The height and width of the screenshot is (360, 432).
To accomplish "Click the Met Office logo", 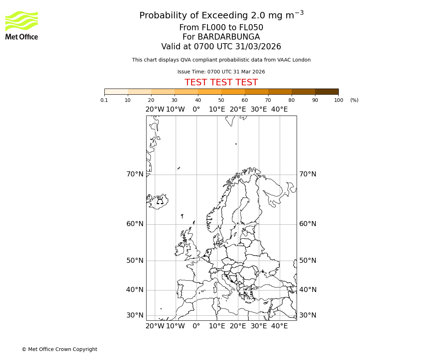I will click(x=22, y=25).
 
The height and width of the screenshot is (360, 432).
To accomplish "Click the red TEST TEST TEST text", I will click(x=221, y=82).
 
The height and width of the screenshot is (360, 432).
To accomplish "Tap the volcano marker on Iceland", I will click(x=160, y=201).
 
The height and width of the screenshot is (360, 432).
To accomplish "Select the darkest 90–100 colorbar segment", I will click(x=327, y=92).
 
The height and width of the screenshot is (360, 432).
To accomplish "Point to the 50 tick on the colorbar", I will click(x=221, y=100).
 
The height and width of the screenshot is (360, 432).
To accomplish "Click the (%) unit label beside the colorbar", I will click(x=354, y=100).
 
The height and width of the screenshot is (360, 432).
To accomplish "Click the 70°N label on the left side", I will click(x=135, y=174).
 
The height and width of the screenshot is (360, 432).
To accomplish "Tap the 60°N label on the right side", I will click(x=308, y=224).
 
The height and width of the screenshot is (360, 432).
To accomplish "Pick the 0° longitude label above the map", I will click(x=196, y=109).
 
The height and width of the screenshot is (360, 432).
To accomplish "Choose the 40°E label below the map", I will click(x=279, y=326).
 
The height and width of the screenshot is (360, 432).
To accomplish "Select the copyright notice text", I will click(x=59, y=349).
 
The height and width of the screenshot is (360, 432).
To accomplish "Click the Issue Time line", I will click(x=221, y=72).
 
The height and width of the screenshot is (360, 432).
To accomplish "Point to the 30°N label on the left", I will click(x=135, y=315).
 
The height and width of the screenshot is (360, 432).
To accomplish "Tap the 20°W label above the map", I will click(x=155, y=109).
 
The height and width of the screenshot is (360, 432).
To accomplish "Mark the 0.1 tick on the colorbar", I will click(x=104, y=100).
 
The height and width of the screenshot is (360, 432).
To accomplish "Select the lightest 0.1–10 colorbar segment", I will click(x=116, y=92).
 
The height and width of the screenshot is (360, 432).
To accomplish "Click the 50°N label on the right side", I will click(x=308, y=261).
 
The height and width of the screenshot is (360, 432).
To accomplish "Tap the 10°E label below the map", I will click(x=217, y=326).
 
